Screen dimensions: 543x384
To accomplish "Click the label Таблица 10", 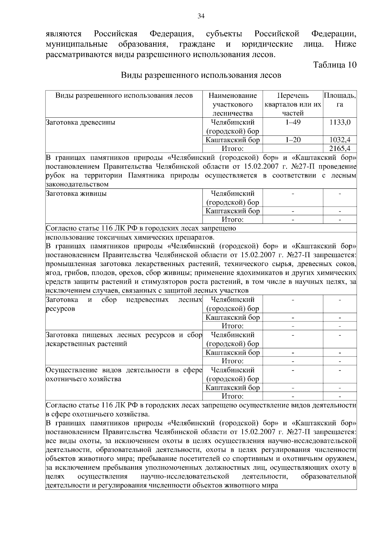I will point(335,65).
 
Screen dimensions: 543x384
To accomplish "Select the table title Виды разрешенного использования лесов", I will point(201,75).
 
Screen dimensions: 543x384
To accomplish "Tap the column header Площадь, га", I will point(340,100).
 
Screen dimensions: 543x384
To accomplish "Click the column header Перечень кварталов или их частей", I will point(293,104).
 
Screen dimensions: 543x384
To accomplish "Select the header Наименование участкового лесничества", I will point(233,104).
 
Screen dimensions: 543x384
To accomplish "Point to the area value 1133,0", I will point(340,122).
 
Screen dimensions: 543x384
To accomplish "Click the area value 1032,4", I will point(340,140).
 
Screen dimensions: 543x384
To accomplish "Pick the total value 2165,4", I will point(340,148).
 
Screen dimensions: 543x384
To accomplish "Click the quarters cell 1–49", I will point(293,122).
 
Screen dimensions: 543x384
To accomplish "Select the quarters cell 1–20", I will point(293,140).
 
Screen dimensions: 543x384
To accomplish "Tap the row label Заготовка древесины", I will point(81,122).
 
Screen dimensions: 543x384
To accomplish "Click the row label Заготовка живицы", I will point(76,193).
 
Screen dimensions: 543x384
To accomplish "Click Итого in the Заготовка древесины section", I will point(233,148).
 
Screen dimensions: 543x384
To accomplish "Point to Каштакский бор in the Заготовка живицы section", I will point(233,211).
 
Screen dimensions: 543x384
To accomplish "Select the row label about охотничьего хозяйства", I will point(124,374).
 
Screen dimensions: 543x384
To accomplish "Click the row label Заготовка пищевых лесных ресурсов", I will point(124,339).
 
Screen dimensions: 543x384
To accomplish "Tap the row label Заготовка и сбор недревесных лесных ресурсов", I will point(124,304).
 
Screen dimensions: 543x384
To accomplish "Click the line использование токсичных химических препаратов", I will point(130,237).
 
